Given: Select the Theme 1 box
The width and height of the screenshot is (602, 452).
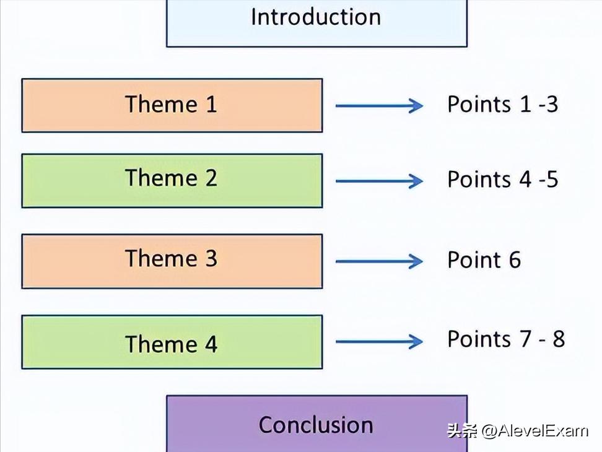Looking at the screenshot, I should click(172, 105).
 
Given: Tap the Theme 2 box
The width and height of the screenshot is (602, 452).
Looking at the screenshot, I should click(172, 180).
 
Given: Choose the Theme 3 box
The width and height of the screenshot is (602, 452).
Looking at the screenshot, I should click(172, 261).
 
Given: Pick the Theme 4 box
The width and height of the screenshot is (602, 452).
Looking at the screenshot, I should click(172, 342).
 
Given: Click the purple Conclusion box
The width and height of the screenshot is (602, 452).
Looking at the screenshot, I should click(316, 424).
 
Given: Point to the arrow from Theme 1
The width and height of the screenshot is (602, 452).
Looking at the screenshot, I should click(379, 106).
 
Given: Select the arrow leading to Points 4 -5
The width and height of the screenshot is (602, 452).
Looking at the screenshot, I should click(379, 181).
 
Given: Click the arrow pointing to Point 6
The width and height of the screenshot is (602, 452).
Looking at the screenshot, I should click(379, 261).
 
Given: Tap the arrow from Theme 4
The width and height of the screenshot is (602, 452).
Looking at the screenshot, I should click(379, 341).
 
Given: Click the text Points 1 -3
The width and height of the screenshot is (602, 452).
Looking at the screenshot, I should click(502, 104).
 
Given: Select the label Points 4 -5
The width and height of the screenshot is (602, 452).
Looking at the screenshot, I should click(502, 180).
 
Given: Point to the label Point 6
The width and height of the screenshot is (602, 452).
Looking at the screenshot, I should click(484, 260).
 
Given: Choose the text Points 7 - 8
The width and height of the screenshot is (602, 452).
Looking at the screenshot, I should click(505, 339).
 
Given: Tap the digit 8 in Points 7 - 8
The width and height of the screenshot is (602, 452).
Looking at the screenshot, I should click(558, 339).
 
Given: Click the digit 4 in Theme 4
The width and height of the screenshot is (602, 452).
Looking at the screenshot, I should click(211, 344).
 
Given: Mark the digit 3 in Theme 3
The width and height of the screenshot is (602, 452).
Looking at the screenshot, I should click(211, 259).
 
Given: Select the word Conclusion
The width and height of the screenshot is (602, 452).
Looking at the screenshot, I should click(316, 425).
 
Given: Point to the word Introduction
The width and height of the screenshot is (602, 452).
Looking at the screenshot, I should click(316, 17).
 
